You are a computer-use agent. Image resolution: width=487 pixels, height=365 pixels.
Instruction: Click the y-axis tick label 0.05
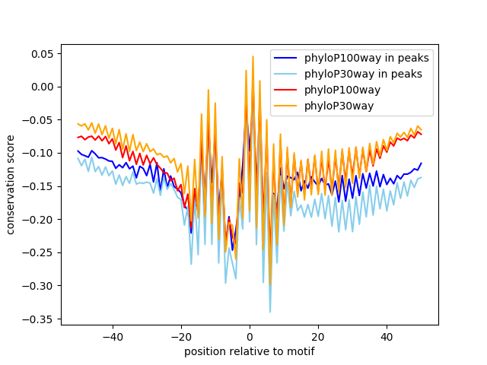click(x=42, y=54)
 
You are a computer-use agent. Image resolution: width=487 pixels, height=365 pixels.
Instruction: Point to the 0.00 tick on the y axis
click(x=42, y=87)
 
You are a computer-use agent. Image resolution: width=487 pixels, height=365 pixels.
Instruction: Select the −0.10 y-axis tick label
click(x=37, y=154)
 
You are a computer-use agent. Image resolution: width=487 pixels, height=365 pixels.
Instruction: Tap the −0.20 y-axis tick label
click(x=37, y=220)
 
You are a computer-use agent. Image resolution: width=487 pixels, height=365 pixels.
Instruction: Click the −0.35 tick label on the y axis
click(x=37, y=319)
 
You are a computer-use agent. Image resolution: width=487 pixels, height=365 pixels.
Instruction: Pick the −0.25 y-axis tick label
click(x=37, y=253)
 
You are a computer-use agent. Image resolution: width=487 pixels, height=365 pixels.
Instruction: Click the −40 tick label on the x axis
click(x=113, y=337)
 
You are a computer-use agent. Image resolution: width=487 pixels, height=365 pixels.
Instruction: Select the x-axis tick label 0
click(x=250, y=337)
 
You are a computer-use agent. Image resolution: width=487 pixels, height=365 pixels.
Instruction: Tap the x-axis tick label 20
click(x=318, y=337)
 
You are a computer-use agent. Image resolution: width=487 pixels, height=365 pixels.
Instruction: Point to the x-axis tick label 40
click(x=387, y=337)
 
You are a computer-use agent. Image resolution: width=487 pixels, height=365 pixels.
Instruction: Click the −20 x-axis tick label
click(x=181, y=337)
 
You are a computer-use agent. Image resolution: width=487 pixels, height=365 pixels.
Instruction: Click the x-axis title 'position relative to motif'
click(x=250, y=351)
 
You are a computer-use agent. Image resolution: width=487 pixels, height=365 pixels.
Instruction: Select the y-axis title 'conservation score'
click(x=10, y=185)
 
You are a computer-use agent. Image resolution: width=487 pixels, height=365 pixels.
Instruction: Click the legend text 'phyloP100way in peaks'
click(x=367, y=58)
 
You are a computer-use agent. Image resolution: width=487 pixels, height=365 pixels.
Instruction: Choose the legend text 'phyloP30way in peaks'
click(x=364, y=75)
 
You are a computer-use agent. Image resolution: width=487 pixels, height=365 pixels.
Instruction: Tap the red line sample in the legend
click(x=285, y=90)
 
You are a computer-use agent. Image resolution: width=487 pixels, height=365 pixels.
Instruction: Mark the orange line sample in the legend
click(x=285, y=106)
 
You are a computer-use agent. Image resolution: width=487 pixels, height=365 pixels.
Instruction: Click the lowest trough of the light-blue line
click(x=270, y=312)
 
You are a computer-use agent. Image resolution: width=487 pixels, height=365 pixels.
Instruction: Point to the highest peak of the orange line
click(x=253, y=56)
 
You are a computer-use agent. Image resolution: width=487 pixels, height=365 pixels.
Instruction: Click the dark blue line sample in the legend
click(x=285, y=58)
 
